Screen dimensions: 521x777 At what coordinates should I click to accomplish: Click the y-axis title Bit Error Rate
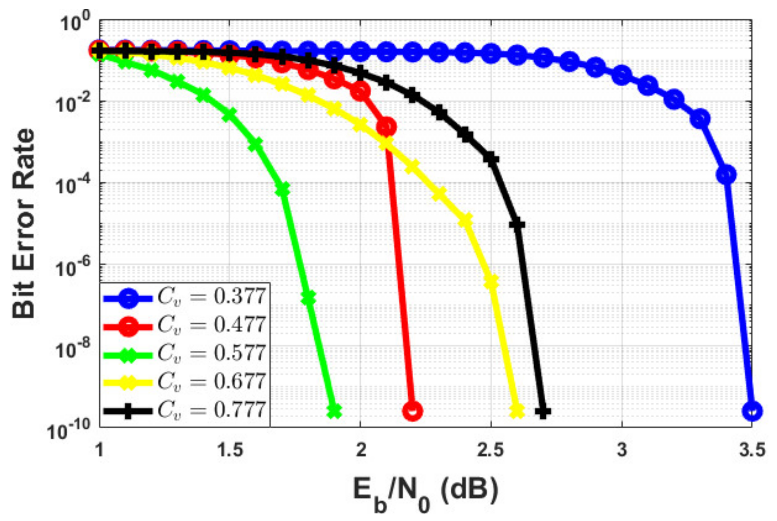[24, 224]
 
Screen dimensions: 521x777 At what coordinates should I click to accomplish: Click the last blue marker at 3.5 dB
[752, 411]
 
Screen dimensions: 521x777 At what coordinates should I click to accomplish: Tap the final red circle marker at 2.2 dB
[413, 411]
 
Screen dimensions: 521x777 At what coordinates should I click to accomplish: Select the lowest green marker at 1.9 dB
[334, 411]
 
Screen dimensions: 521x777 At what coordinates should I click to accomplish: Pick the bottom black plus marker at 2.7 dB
[543, 412]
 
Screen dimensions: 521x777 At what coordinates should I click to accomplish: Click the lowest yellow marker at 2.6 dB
[517, 411]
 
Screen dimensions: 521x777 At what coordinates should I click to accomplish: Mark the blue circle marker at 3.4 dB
[726, 174]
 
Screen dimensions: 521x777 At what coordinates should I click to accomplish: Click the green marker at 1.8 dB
[308, 298]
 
